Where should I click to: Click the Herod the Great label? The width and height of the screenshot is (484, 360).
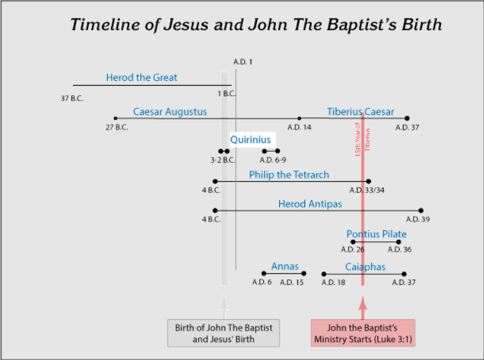141,77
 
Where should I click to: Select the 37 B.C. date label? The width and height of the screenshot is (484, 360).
72,98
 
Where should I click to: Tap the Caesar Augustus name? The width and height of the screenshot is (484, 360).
169,112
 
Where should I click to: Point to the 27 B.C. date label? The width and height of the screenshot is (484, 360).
117,128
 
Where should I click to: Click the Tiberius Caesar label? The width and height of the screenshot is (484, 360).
360,112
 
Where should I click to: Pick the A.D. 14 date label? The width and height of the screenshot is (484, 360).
299,128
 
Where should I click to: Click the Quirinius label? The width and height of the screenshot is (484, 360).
251,140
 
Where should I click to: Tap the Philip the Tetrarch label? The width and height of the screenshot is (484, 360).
289,175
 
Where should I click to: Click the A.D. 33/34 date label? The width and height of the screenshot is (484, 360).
367,190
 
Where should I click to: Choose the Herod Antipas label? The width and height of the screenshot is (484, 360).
310,204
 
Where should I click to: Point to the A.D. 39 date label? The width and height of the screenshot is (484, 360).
418,219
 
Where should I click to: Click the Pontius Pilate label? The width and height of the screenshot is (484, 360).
376,234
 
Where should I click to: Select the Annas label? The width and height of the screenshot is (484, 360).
285,267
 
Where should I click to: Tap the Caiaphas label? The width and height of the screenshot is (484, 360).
365,267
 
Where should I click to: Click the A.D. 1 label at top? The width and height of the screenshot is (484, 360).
242,62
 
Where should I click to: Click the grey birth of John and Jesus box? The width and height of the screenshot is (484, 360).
224,333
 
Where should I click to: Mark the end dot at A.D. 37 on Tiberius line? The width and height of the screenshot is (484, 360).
407,118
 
